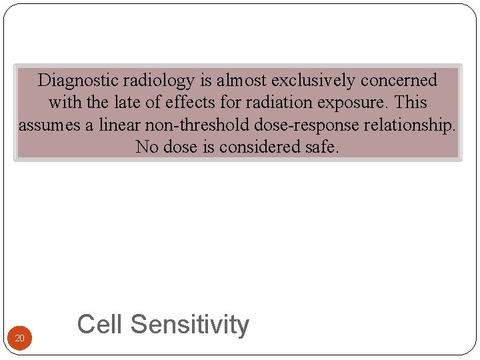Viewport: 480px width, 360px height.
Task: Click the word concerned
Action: click(399, 81)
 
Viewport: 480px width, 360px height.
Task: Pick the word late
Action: click(114, 103)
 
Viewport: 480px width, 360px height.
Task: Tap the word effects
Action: click(169, 103)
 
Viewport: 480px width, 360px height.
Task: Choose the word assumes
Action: click(51, 125)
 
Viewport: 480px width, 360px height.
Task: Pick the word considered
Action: click(257, 147)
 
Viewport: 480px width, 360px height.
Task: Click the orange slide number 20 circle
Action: click(20, 339)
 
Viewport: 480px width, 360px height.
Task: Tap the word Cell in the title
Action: click(100, 325)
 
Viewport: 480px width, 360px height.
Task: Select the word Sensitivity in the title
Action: click(190, 325)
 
